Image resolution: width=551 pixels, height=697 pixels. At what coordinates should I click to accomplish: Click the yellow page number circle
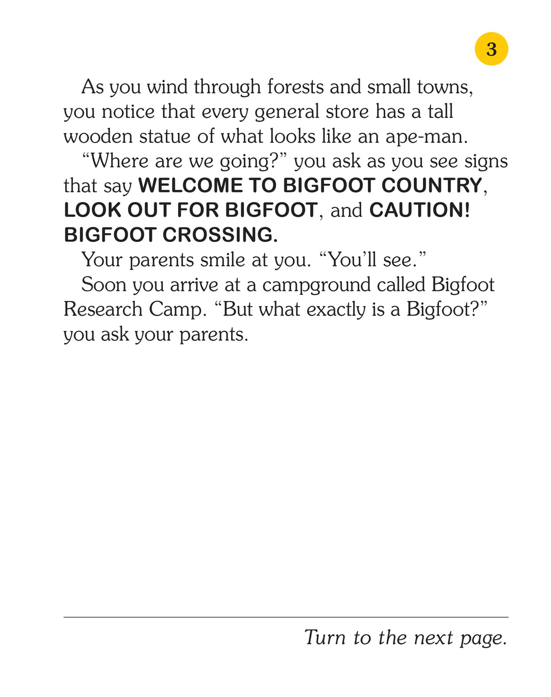pos(491,49)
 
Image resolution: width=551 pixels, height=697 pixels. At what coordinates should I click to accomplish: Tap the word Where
pos(119,161)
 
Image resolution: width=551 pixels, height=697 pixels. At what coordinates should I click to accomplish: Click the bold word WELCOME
pos(190,186)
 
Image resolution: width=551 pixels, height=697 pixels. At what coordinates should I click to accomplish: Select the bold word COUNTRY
pos(432,186)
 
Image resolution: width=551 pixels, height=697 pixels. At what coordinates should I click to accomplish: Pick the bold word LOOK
pos(92,210)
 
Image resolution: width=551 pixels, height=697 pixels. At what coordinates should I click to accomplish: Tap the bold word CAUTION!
pos(419,210)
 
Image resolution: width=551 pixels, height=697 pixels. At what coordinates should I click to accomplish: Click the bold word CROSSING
pos(220,235)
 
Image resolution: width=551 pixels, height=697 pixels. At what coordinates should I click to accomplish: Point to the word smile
pos(223,260)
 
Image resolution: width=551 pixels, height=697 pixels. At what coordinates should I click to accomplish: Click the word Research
pos(103,309)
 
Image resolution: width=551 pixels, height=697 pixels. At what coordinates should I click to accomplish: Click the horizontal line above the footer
pos(286,617)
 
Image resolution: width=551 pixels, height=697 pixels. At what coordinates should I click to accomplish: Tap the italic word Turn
pos(325,637)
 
